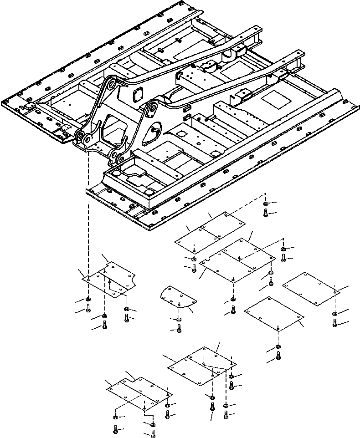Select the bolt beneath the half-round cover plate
point(179,328)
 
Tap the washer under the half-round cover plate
point(179,320)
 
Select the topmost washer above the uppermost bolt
point(266,204)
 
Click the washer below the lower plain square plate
point(278,349)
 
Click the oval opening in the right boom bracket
point(154,131)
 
